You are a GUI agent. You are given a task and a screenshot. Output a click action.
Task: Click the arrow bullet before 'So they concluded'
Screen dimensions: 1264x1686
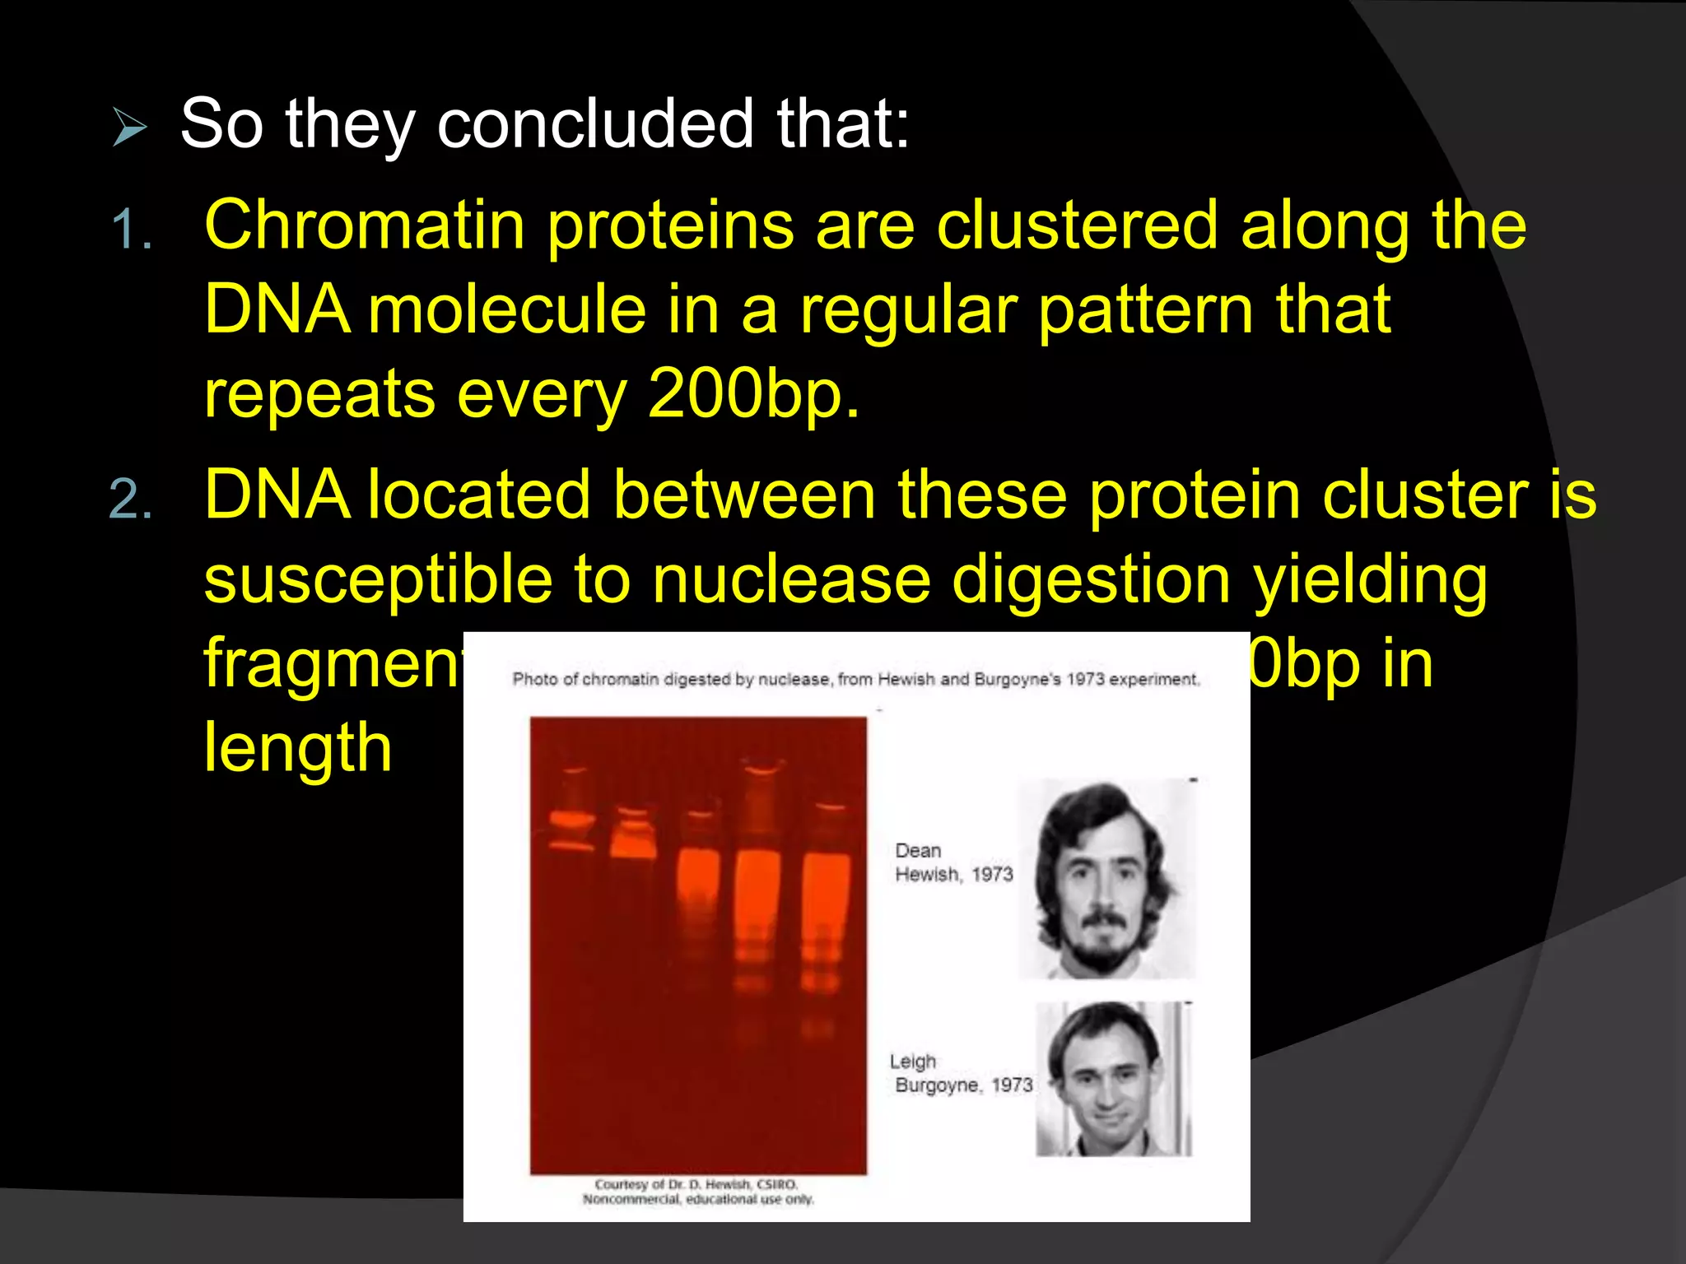129,128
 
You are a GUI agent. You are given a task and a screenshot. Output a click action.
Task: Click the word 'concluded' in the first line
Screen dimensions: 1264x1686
594,123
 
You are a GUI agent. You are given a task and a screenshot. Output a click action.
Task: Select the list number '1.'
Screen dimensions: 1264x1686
132,229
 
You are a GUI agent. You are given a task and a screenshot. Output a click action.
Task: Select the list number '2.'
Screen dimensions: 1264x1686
132,500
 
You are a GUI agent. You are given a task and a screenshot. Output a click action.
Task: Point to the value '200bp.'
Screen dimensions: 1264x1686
753,393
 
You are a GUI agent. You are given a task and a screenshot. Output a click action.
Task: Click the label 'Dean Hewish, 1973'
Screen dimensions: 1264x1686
952,862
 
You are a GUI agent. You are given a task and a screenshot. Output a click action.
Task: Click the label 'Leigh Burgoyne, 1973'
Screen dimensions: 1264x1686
960,1073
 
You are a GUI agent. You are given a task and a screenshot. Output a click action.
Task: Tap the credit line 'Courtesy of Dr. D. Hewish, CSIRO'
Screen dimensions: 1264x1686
696,1184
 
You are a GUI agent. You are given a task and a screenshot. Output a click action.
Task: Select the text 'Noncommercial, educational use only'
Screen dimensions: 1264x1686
698,1200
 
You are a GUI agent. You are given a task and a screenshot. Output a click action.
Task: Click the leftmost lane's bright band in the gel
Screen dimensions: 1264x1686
571,820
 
